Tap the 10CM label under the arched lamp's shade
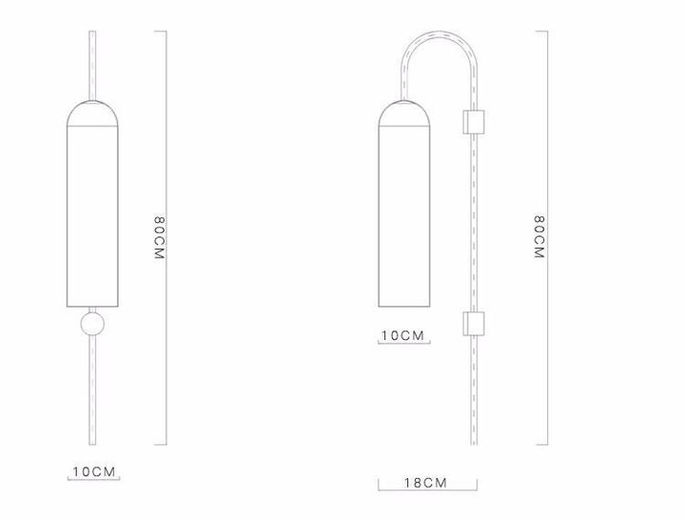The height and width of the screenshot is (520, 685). pos(402,335)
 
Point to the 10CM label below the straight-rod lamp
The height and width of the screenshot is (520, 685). pos(94,472)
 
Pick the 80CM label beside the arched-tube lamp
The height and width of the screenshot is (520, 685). pos(538,238)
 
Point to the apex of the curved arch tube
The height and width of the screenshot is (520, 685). pos(438,33)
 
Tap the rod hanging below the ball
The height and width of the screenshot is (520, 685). pos(92,390)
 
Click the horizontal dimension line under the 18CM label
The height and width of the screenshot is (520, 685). pos(425,491)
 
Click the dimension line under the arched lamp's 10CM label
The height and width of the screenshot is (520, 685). pos(402,344)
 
